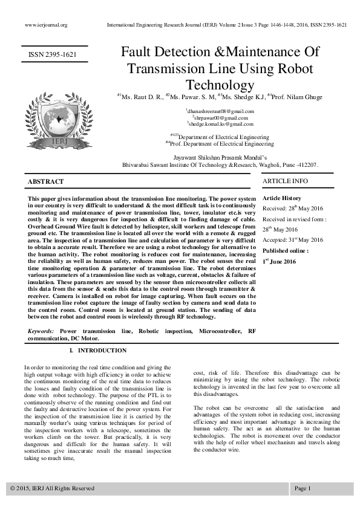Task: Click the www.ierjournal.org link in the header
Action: [x=45, y=25]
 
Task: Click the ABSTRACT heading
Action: [x=46, y=182]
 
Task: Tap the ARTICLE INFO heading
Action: [x=285, y=181]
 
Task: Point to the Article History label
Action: [x=282, y=198]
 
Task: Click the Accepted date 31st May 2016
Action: [x=293, y=239]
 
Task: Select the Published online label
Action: [x=285, y=250]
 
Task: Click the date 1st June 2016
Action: [x=279, y=261]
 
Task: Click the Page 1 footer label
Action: [x=303, y=488]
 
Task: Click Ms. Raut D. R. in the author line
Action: [x=142, y=97]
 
